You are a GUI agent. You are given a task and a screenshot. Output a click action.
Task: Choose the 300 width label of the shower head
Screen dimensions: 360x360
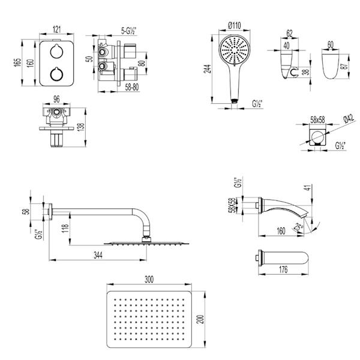pos(149,280)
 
